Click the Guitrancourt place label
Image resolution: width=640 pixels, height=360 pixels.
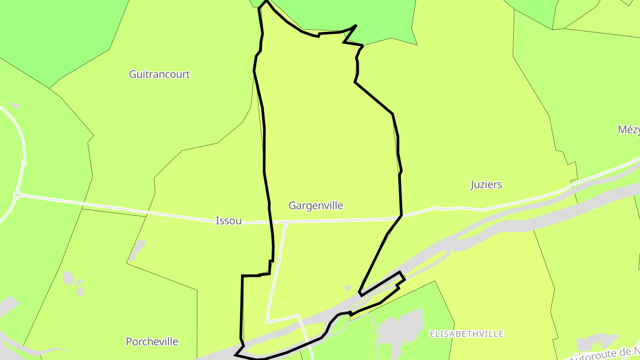159,74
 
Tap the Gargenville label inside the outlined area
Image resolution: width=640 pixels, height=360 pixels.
316,205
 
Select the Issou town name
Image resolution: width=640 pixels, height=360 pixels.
228,220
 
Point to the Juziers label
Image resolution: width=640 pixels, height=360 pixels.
486,184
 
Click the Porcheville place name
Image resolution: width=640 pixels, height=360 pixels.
152,341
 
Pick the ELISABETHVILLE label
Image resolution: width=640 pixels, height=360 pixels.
466,334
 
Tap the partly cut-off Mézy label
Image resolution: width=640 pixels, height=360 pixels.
629,129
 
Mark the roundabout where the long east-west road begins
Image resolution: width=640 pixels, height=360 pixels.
17,195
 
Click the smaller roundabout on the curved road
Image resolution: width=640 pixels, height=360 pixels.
24,164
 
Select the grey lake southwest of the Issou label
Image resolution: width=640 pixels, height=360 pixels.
138,249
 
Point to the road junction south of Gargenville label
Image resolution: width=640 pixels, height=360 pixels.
287,222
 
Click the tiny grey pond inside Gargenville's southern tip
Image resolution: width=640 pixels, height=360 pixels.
348,288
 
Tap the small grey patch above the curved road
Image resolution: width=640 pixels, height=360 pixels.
15,105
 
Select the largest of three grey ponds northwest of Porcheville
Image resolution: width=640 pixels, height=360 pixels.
68,278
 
